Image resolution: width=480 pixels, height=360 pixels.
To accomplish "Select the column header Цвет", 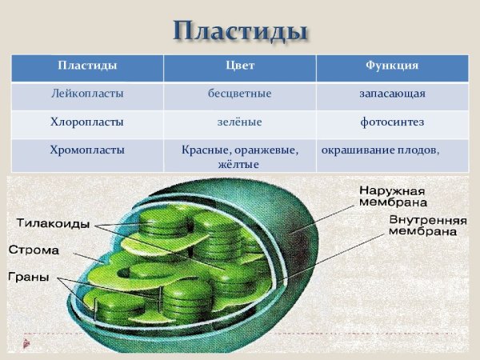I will (x=240, y=65).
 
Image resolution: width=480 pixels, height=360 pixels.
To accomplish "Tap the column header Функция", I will (x=392, y=65).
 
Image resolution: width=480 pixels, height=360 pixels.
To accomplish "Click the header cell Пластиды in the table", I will (x=88, y=65).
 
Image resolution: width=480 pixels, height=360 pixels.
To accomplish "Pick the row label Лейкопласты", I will (x=88, y=94).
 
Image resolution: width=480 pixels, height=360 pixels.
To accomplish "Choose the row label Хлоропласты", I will (x=88, y=122).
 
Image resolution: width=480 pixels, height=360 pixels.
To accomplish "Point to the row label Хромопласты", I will (x=88, y=150).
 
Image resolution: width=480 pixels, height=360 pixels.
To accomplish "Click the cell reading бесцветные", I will (x=240, y=94).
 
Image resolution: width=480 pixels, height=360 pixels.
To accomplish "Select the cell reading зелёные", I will (x=240, y=122).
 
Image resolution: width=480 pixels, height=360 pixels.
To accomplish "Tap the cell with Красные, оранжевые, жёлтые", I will (x=240, y=157).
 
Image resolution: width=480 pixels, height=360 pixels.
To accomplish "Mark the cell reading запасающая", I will (x=392, y=94).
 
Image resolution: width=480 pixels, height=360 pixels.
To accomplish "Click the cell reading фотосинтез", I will (x=392, y=122).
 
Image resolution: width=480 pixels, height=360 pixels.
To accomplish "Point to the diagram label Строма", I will (x=34, y=250).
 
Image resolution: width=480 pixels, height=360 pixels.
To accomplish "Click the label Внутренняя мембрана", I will (x=422, y=225).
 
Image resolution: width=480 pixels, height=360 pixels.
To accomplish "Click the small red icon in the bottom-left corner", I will (x=27, y=343).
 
